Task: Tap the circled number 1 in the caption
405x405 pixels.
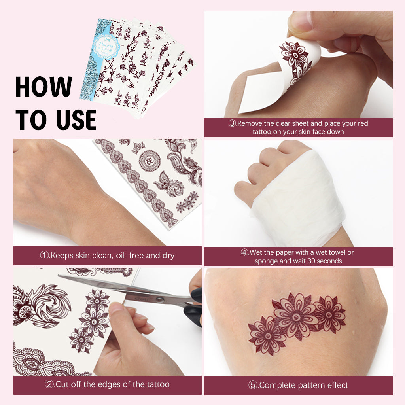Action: (x=45, y=255)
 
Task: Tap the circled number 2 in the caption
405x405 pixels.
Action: (x=49, y=384)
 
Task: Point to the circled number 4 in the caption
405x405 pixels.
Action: (x=245, y=252)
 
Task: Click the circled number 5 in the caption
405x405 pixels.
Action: (x=253, y=385)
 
